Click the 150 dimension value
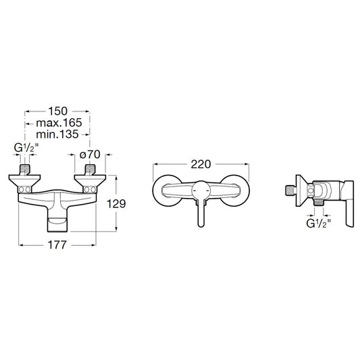(x=57, y=111)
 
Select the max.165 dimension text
(x=59, y=123)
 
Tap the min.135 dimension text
(x=57, y=134)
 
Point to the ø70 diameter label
(x=90, y=155)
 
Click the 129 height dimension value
(x=116, y=204)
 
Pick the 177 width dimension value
(x=57, y=245)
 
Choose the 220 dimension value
(x=201, y=164)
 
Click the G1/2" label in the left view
(x=25, y=148)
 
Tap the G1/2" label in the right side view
(x=318, y=223)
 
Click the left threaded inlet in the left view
(x=25, y=170)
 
